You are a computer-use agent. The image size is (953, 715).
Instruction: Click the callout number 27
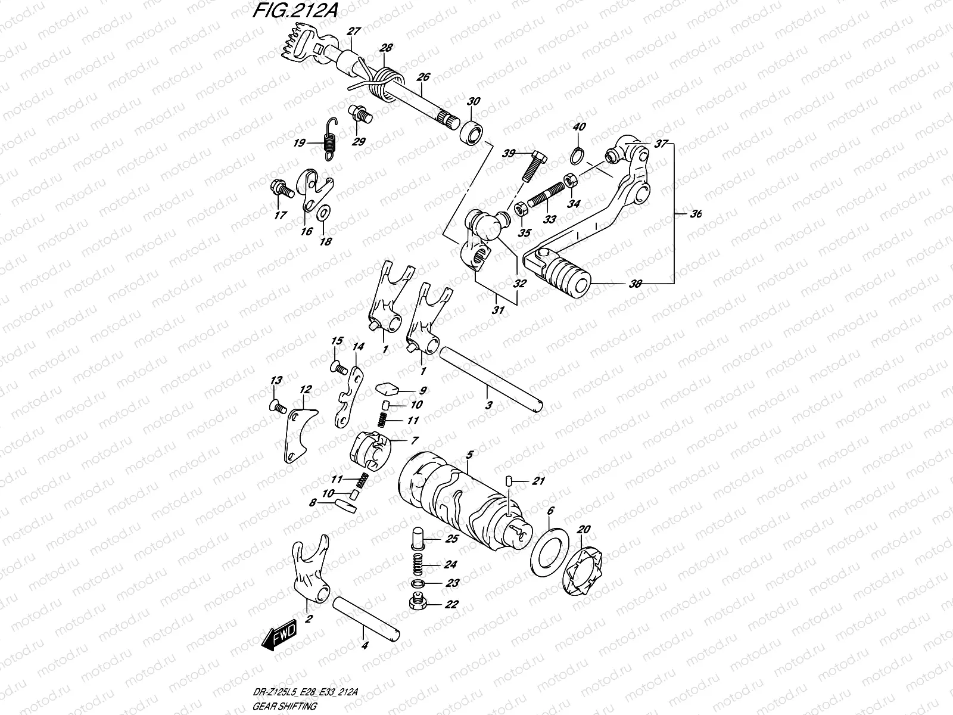pos(354,31)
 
